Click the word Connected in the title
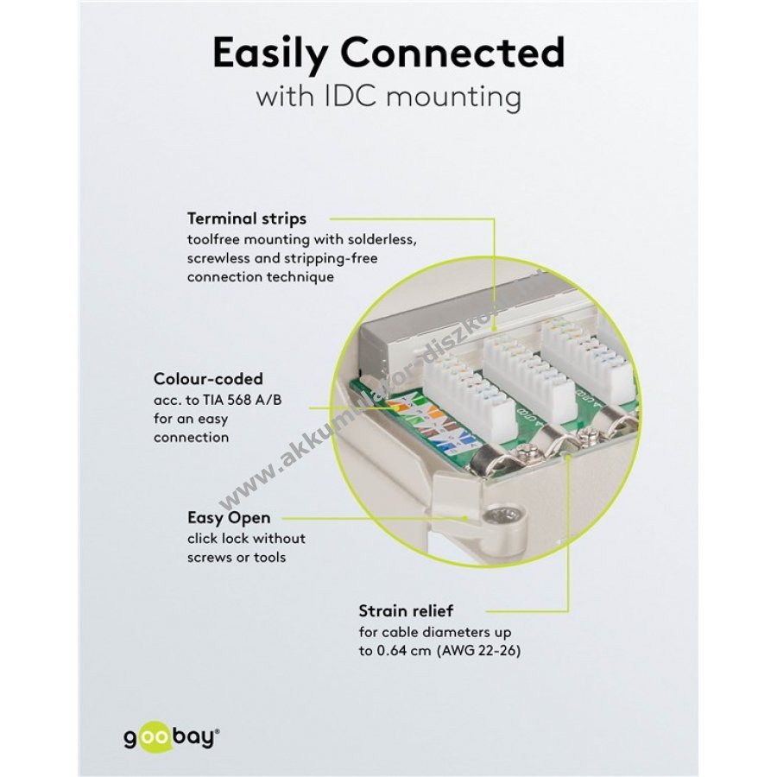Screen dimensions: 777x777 coord(454,53)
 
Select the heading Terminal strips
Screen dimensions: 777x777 coord(247,218)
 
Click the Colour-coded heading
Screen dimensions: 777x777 coord(208,378)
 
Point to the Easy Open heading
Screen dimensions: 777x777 coord(229,518)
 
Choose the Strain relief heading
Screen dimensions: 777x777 coord(405,611)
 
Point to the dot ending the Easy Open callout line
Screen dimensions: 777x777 coord(466,519)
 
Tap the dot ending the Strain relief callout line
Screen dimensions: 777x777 coord(567,459)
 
